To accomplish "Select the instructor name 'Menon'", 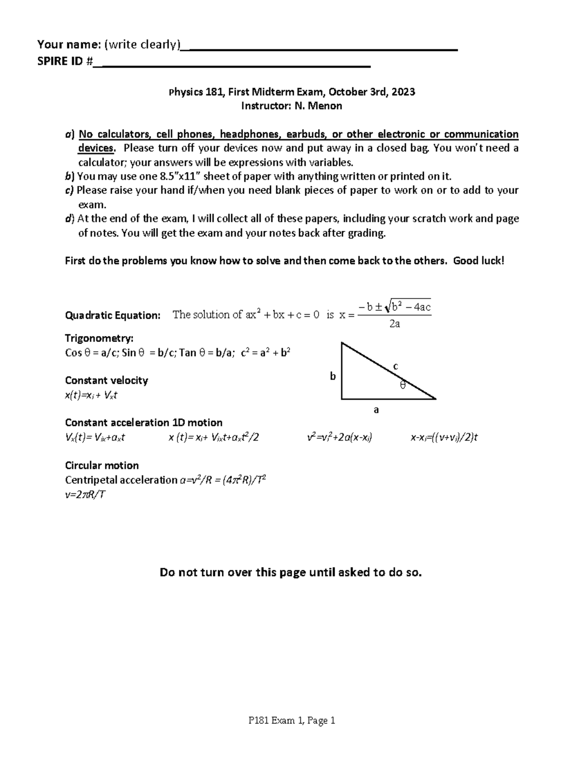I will pos(324,106).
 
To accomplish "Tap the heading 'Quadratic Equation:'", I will pos(113,315).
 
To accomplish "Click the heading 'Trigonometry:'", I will pos(99,338).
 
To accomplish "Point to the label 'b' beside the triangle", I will pos(333,376).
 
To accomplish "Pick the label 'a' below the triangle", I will pos(376,410).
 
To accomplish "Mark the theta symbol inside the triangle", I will pos(403,385).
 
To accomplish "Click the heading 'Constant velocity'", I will pos(106,380).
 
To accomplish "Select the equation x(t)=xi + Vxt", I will pos(91,395).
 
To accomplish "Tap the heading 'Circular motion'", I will pos(102,465).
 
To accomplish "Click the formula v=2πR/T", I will pos(85,494).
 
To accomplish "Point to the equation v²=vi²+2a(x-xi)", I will pos(340,438).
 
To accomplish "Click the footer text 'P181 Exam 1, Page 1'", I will pos(292,720).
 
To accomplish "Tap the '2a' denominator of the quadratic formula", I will pos(394,324).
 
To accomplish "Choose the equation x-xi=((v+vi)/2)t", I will pos(444,438).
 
